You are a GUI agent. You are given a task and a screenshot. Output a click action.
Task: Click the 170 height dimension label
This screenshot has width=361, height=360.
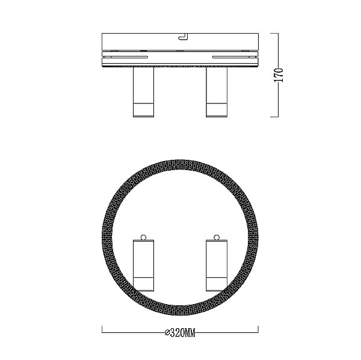tap(279, 75)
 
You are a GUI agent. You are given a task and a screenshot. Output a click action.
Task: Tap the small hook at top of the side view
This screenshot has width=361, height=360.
tap(183, 37)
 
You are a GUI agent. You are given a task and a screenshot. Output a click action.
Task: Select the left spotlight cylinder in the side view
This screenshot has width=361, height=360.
tap(143, 92)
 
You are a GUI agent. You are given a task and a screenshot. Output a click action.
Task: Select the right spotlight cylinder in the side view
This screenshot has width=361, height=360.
tap(217, 92)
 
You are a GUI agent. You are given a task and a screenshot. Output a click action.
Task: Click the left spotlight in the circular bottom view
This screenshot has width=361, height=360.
tap(143, 266)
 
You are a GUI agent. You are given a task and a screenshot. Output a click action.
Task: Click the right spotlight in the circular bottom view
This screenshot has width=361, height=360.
tap(217, 266)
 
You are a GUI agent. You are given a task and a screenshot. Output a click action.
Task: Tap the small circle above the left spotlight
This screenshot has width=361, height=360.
tap(143, 237)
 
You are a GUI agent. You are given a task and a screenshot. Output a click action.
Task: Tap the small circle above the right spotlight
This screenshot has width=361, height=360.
tap(217, 237)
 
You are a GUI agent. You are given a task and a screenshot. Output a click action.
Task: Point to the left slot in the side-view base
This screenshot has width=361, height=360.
tap(126, 56)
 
